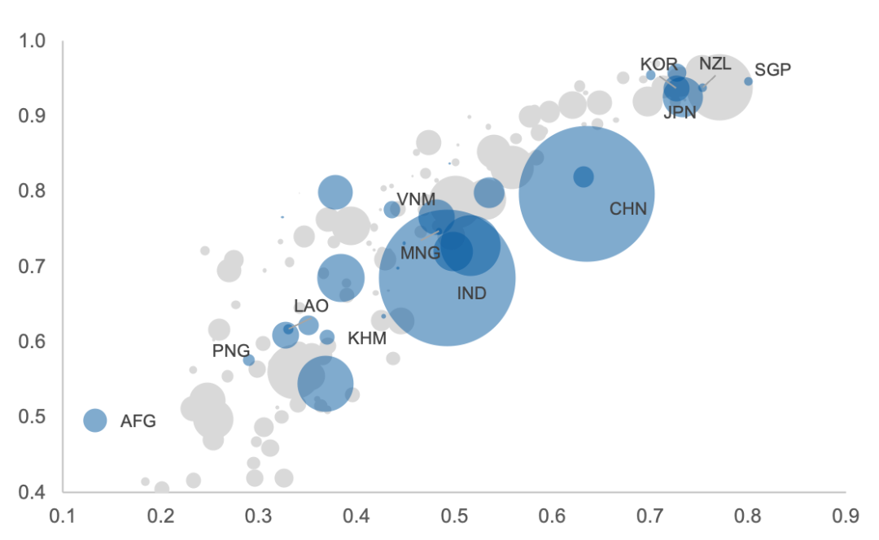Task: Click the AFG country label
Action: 138,421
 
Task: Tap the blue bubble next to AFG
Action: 95,420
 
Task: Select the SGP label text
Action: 772,70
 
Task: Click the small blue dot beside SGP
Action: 748,81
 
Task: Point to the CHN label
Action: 628,210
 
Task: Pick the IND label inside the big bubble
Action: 471,294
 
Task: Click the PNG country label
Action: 231,351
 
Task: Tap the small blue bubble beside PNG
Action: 249,360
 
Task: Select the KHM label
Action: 367,338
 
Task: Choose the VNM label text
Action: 416,200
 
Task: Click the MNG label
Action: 420,254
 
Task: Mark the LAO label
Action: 311,307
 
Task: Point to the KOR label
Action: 658,64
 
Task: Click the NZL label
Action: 715,64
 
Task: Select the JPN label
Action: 680,113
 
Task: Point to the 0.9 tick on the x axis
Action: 846,516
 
